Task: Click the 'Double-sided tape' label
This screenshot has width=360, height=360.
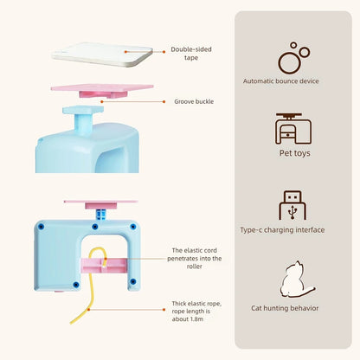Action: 191,54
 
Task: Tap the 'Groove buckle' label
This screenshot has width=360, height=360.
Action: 194,101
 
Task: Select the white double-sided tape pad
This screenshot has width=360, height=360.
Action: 102,55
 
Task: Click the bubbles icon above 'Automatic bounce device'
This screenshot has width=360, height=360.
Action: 293,58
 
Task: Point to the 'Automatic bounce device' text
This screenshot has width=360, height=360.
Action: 280,81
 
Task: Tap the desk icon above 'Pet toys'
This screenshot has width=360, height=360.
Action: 293,128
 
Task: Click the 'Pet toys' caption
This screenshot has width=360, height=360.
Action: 294,153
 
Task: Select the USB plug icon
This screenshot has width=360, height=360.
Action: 292,205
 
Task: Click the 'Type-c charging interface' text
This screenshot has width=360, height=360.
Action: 282,230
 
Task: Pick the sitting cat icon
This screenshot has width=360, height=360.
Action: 297,280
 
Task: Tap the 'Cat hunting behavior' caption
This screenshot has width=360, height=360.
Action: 285,308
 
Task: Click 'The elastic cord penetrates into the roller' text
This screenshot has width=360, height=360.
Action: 195,258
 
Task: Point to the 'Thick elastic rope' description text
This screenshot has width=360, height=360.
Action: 196,312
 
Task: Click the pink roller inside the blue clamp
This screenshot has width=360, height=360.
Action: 104,266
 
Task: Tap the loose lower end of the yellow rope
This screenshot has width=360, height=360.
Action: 71,323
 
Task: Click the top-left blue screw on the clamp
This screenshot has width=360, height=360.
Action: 42,227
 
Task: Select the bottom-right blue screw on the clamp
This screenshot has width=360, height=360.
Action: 132,281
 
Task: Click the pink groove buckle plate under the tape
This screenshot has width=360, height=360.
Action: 102,90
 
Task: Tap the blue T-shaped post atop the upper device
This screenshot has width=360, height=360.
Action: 83,119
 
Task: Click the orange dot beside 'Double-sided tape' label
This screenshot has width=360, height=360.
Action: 164,52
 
